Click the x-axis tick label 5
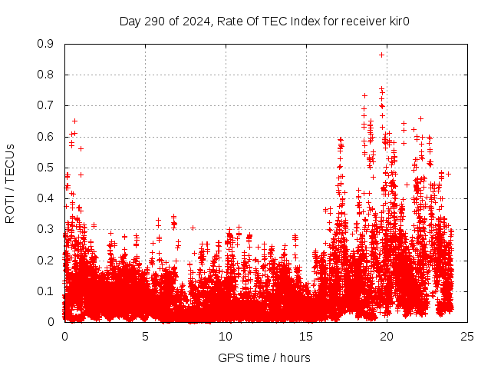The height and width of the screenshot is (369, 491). click(145, 336)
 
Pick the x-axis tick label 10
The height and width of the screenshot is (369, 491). click(226, 336)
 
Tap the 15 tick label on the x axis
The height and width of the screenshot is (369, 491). click(306, 336)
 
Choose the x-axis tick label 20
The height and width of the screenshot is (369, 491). click(387, 336)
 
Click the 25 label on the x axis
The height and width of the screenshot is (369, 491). click(467, 336)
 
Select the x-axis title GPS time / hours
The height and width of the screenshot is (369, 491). click(264, 357)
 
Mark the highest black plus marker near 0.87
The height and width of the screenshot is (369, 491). click(381, 55)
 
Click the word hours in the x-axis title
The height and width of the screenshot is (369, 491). click(295, 357)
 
